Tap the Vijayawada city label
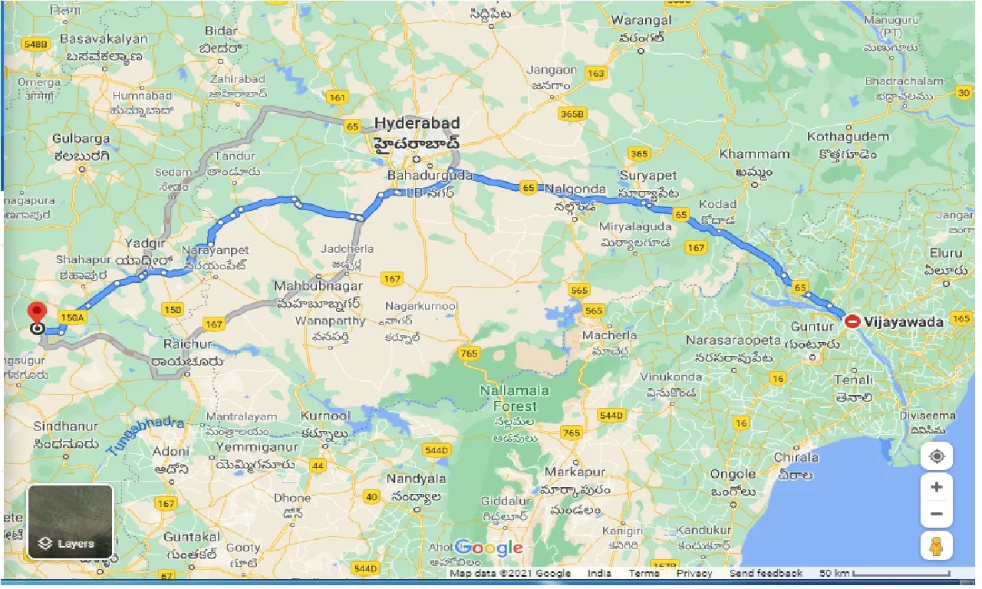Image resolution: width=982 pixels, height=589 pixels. pyautogui.click(x=904, y=322)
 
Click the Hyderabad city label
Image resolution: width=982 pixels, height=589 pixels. pyautogui.click(x=417, y=123)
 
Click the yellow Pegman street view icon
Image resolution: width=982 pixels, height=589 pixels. pyautogui.click(x=937, y=546)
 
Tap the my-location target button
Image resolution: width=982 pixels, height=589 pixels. pyautogui.click(x=937, y=456)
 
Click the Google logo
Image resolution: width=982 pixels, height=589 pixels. pyautogui.click(x=489, y=548)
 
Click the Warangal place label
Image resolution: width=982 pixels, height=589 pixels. pyautogui.click(x=642, y=20)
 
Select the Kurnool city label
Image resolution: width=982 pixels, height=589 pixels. pyautogui.click(x=325, y=416)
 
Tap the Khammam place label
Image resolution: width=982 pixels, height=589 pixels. pyautogui.click(x=754, y=154)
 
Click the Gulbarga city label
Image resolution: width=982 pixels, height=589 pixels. pyautogui.click(x=81, y=139)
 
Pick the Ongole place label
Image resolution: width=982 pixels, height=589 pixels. pyautogui.click(x=733, y=474)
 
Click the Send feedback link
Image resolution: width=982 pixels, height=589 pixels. pyautogui.click(x=766, y=574)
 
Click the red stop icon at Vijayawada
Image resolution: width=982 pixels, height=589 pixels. pyautogui.click(x=852, y=322)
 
